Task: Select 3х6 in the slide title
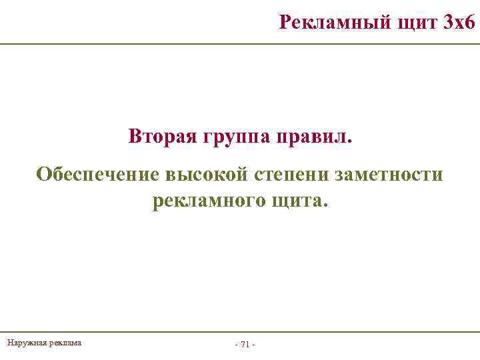pos(458,23)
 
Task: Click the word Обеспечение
pos(97,175)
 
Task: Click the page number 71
pos(245,345)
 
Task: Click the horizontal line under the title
pos(240,44)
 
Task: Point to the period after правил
pos(354,141)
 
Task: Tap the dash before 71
pos(237,345)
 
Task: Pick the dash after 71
pos(254,345)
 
